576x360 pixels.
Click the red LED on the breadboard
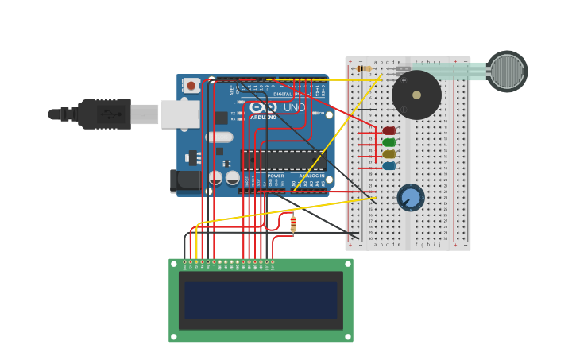pyautogui.click(x=389, y=131)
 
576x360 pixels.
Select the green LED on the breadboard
pyautogui.click(x=389, y=143)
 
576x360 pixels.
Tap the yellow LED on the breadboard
pyautogui.click(x=389, y=154)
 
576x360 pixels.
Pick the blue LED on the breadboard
pyautogui.click(x=389, y=166)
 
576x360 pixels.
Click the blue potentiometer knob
pyautogui.click(x=411, y=197)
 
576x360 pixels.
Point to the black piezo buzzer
pyautogui.click(x=416, y=95)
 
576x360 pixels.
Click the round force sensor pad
pyautogui.click(x=507, y=72)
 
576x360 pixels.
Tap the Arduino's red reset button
pyautogui.click(x=191, y=86)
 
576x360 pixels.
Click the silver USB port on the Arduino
pyautogui.click(x=180, y=114)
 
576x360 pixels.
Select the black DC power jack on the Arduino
pyautogui.click(x=186, y=180)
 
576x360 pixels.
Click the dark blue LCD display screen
pyautogui.click(x=261, y=300)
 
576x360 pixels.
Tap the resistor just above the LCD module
pyautogui.click(x=293, y=223)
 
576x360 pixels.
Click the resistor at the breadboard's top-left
pyautogui.click(x=364, y=68)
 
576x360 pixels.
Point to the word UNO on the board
pyautogui.click(x=294, y=107)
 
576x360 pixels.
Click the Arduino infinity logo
pyautogui.click(x=264, y=107)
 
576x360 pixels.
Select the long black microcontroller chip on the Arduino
pyautogui.click(x=283, y=160)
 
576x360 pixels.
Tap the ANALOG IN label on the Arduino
pyautogui.click(x=311, y=176)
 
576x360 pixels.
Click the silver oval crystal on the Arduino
pyautogui.click(x=219, y=137)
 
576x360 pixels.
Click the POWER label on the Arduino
pyautogui.click(x=276, y=176)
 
